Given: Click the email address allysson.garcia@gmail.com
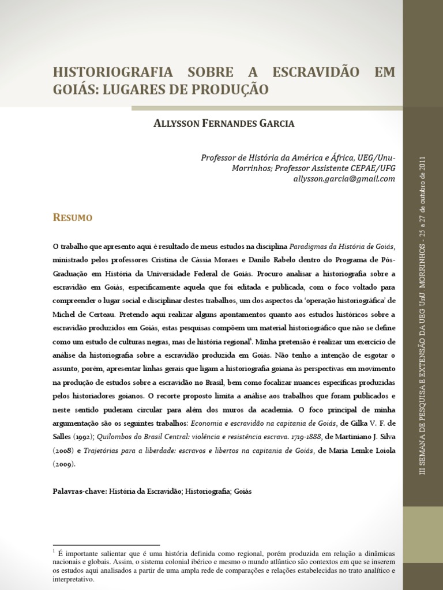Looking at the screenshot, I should click(344, 179).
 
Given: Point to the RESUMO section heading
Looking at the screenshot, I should click(73, 218).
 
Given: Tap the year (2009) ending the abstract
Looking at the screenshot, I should click(64, 463).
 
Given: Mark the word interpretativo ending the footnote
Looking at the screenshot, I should click(73, 579).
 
